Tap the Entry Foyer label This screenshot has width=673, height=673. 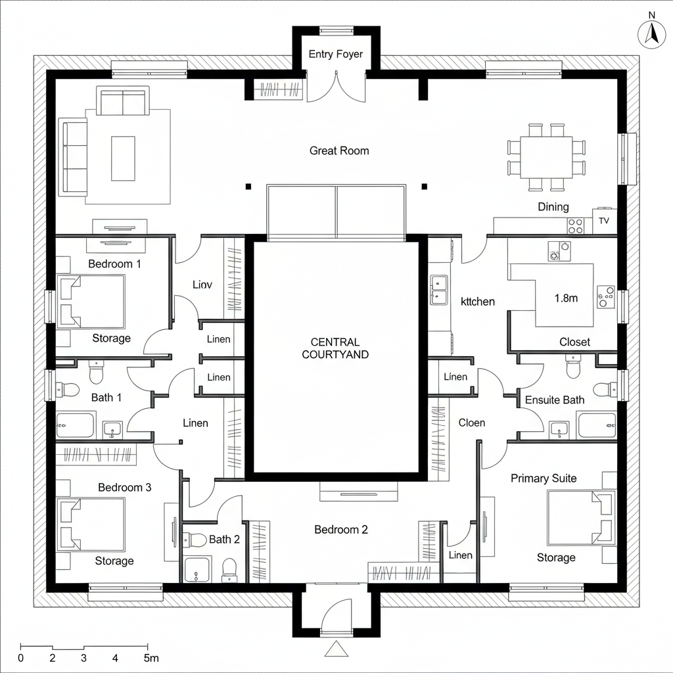(335, 55)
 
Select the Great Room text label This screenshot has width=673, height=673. (339, 151)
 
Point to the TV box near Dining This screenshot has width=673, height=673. (604, 221)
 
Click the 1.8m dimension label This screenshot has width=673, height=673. (566, 298)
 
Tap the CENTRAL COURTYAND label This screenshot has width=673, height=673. (335, 348)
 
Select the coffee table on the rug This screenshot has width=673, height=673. (123, 158)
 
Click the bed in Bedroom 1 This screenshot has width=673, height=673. (91, 301)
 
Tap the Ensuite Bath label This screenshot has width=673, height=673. (555, 400)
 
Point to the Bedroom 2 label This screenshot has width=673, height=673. (340, 530)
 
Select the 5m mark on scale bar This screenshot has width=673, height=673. (151, 658)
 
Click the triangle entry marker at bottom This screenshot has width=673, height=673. (336, 649)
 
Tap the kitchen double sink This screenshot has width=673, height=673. (438, 290)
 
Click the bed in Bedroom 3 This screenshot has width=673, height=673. (91, 524)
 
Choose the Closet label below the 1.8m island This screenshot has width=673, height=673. (574, 342)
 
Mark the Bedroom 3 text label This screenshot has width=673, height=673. (125, 488)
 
